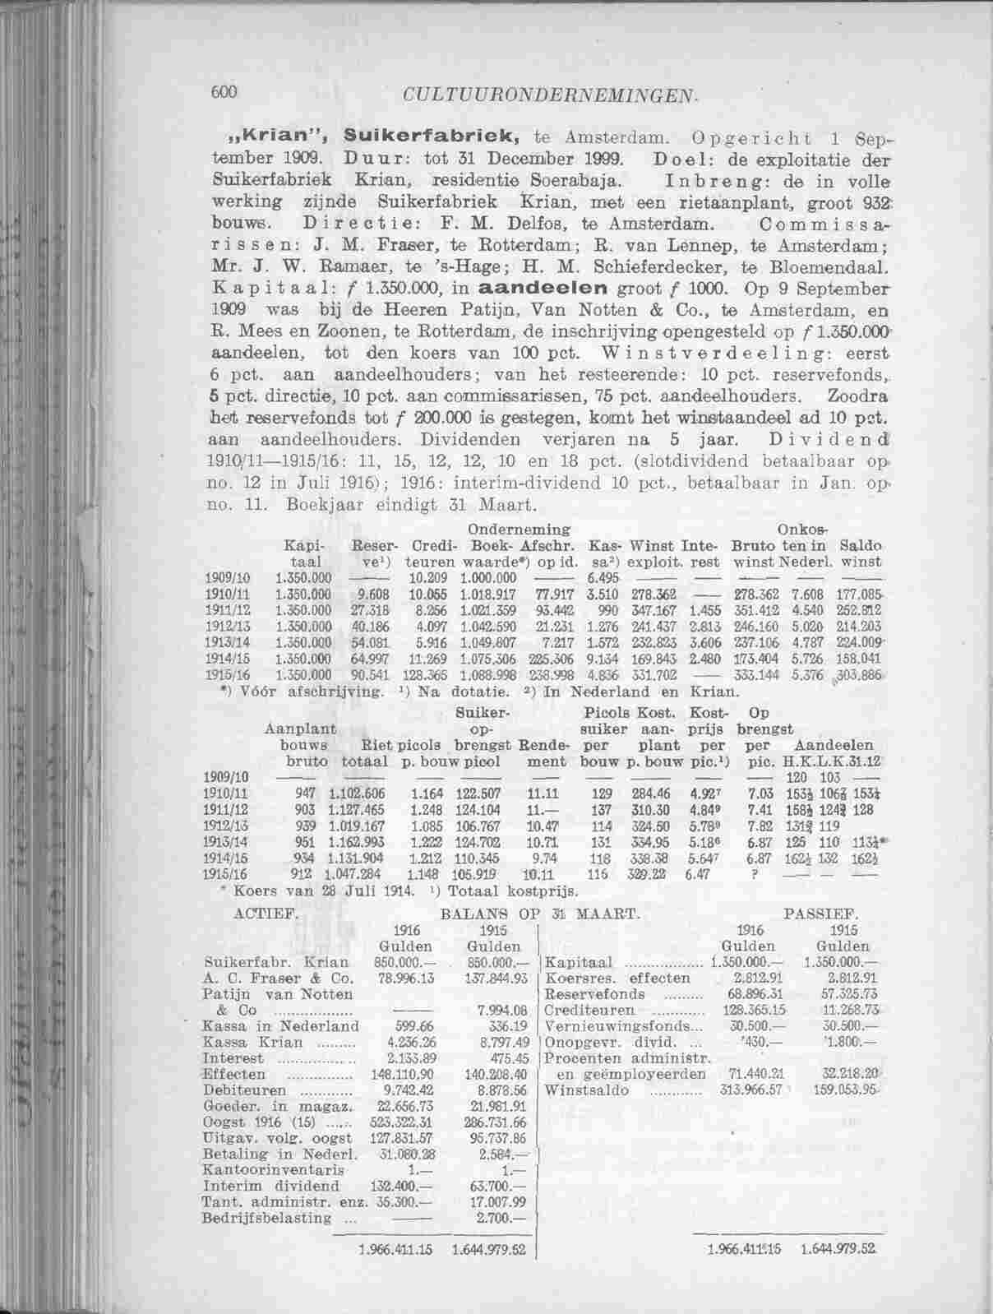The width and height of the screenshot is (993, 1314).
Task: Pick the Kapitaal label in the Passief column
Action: (580, 962)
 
